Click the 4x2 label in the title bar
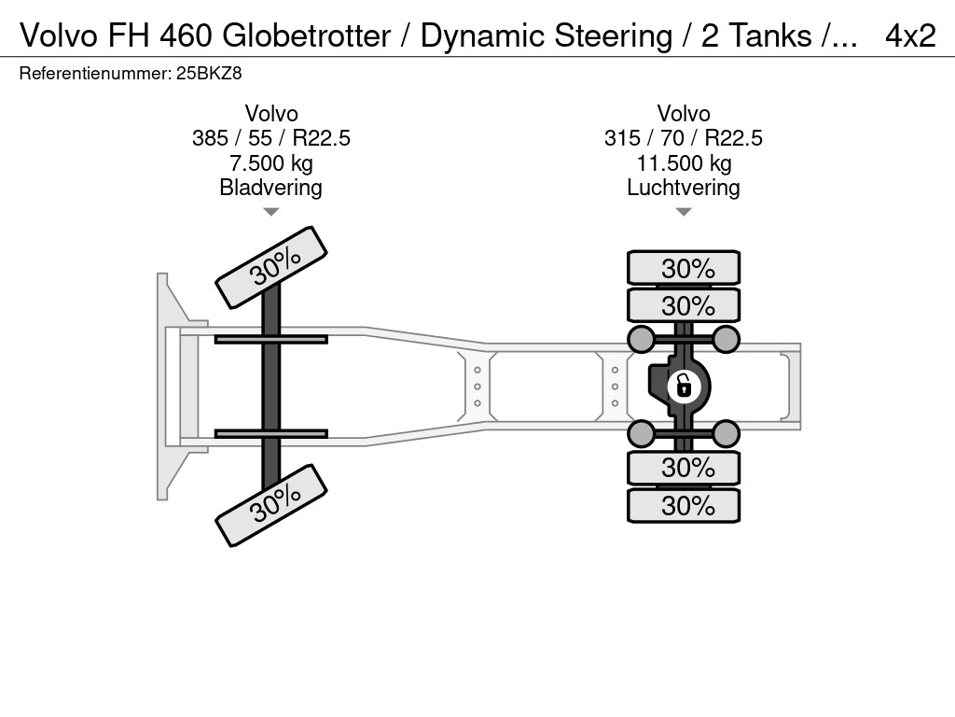(x=910, y=35)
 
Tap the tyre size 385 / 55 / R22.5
(x=270, y=138)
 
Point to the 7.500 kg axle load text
(x=270, y=163)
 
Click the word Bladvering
(x=270, y=188)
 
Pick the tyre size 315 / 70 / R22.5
(x=683, y=138)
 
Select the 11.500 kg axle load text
(x=683, y=163)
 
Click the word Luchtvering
(x=683, y=188)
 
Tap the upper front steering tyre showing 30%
(x=272, y=267)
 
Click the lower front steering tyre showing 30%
(x=272, y=508)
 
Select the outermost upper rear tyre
(x=684, y=268)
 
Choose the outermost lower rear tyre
(x=684, y=506)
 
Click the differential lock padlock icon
(x=683, y=385)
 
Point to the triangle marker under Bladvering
(x=270, y=212)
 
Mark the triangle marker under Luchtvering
(x=683, y=212)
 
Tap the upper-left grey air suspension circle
(x=641, y=338)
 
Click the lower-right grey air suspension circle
(x=726, y=432)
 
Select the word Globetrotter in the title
(x=307, y=35)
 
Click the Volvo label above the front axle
(x=270, y=114)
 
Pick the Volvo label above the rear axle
(x=683, y=114)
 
